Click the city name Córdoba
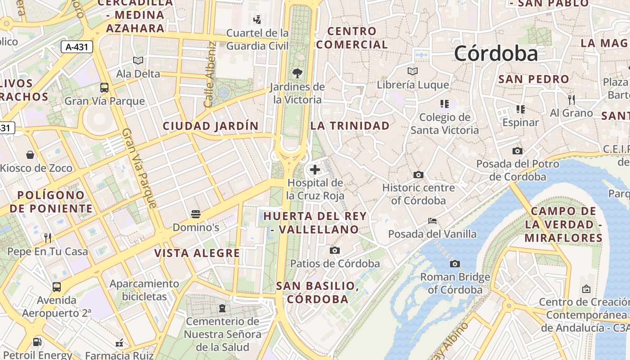coord(496,54)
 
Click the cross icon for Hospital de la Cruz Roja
coord(315,170)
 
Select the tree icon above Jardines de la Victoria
coord(297,73)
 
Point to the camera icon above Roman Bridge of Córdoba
coord(455,264)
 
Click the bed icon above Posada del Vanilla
coord(432,221)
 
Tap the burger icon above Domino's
coord(196,214)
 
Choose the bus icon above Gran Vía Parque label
coord(104,88)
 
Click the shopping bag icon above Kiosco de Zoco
coord(30,155)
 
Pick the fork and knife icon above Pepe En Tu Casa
coord(48,238)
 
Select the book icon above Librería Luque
coord(413,71)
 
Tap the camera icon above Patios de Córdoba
coord(335,250)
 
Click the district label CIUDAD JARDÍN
coord(211,126)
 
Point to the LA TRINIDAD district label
coord(350,126)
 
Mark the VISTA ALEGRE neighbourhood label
coord(197,253)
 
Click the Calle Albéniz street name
coord(210,75)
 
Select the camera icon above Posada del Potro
coord(517,151)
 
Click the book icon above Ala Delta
coord(138,60)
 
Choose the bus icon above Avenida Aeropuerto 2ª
coord(57,287)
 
